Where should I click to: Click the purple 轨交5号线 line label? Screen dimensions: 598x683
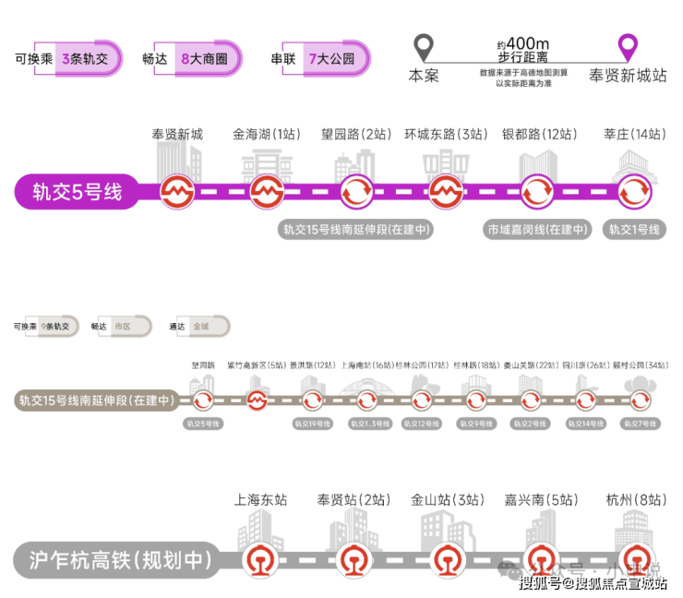coord(78,193)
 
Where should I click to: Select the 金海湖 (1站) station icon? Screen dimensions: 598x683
coord(266,193)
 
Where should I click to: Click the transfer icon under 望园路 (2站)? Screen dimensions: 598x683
coord(356,193)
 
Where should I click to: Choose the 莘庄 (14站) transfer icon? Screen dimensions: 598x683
coord(634,193)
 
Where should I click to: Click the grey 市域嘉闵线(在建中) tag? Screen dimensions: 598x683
coord(538,229)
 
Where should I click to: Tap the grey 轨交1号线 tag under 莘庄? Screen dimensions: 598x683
coord(634,229)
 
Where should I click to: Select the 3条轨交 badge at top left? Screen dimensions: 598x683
coord(86,58)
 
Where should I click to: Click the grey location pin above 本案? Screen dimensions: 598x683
coord(424,47)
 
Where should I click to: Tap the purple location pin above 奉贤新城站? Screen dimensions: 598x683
coord(629,47)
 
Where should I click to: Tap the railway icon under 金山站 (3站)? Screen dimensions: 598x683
coord(449,559)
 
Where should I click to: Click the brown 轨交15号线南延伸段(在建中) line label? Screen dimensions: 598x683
coord(96,401)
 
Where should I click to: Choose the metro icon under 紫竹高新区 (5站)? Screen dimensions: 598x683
coord(258,401)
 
